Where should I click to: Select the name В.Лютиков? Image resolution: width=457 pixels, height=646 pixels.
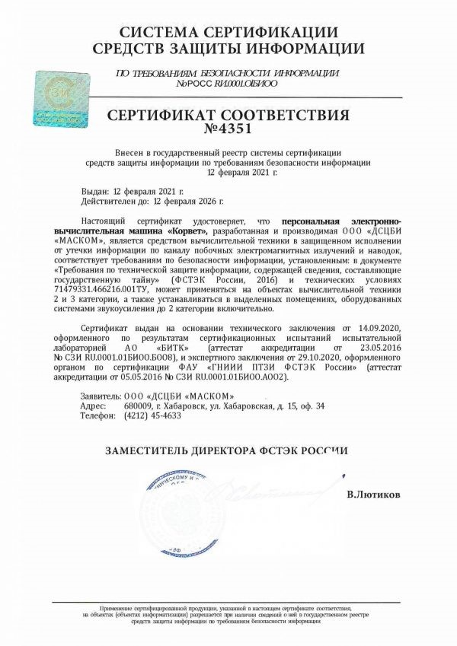coord(372,494)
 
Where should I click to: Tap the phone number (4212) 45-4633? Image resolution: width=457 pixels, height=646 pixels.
coord(152,416)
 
